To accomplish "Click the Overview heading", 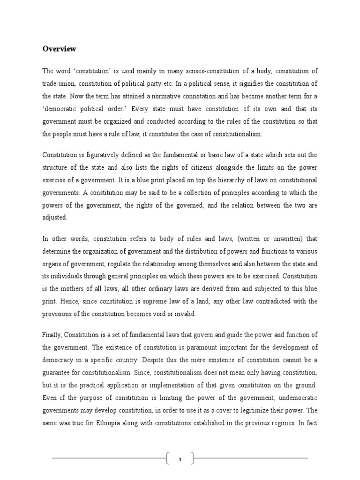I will tap(59, 49).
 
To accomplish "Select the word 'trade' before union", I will tap(52, 84).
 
